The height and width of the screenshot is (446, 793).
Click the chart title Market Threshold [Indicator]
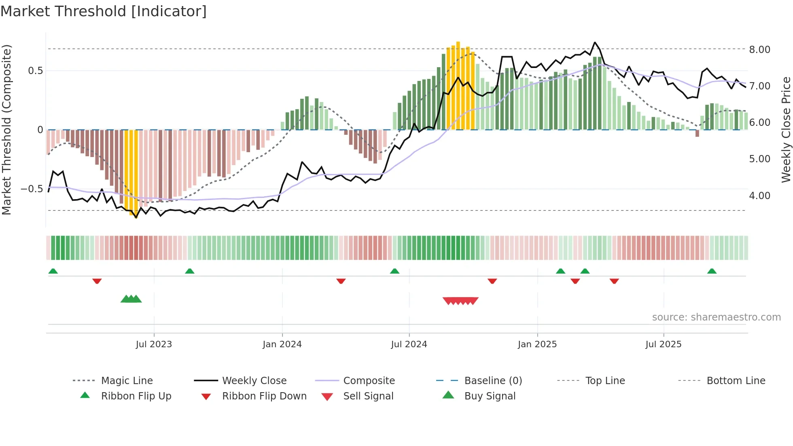tap(104, 11)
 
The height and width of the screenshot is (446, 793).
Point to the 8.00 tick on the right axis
tap(759, 50)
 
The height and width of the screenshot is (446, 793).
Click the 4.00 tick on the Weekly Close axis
tap(759, 196)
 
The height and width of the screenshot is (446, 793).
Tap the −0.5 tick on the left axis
tap(32, 189)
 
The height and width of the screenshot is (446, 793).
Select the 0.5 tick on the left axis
tap(35, 71)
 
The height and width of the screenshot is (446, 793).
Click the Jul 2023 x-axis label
tap(154, 344)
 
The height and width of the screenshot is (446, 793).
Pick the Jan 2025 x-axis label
tap(537, 344)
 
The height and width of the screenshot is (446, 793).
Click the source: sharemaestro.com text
tap(716, 317)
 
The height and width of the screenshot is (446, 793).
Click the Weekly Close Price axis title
tap(786, 130)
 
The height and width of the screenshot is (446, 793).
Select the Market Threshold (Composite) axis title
tap(6, 130)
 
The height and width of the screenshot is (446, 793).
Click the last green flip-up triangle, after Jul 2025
tap(712, 271)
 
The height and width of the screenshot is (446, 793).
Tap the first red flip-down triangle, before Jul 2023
tap(97, 281)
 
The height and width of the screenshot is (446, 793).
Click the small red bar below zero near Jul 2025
tap(697, 133)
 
